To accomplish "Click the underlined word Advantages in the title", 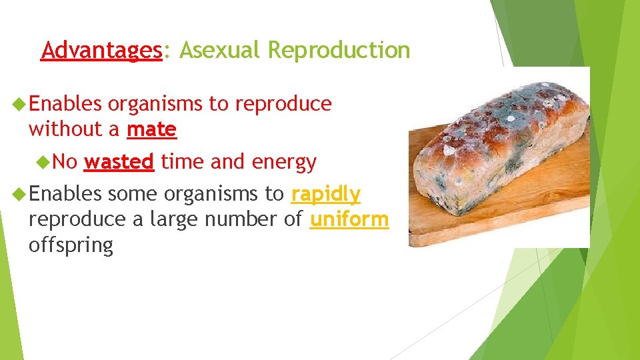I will coord(101,51).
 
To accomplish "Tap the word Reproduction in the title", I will coord(339,51).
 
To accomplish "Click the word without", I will coord(65,129).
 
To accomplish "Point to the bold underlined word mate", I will coord(151,129).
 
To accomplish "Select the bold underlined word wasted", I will coord(120,161).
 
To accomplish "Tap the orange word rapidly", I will coord(325,194).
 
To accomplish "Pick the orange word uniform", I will coord(349,219).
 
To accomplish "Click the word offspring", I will coord(71,245).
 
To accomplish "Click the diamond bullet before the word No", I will coord(45,161).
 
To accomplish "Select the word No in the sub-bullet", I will coord(65,161).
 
